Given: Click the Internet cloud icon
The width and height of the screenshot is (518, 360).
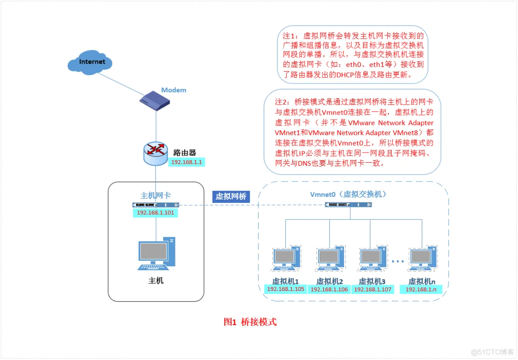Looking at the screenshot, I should pos(91,62).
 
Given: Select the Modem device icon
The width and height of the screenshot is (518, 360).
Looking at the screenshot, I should pos(155,101).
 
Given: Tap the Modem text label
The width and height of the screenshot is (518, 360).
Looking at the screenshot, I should pos(174,90).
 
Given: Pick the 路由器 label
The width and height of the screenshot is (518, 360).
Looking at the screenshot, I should pos(185,153).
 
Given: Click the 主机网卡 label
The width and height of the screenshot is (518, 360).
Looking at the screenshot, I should pos(155,195).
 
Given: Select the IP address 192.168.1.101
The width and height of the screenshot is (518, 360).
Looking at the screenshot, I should pos(155,213).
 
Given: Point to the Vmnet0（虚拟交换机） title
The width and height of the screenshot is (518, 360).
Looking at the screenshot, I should pos(349,194).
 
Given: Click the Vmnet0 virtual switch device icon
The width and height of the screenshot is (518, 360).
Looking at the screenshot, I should pos(349,205).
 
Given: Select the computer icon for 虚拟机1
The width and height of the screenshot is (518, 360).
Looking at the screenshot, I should pos(285,261).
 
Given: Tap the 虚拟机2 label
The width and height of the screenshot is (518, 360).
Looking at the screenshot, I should pos(329,281).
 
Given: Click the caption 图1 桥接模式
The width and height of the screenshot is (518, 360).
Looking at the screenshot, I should pos(250,322).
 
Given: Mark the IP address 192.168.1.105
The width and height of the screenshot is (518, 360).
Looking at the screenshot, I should pos(285,289).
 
